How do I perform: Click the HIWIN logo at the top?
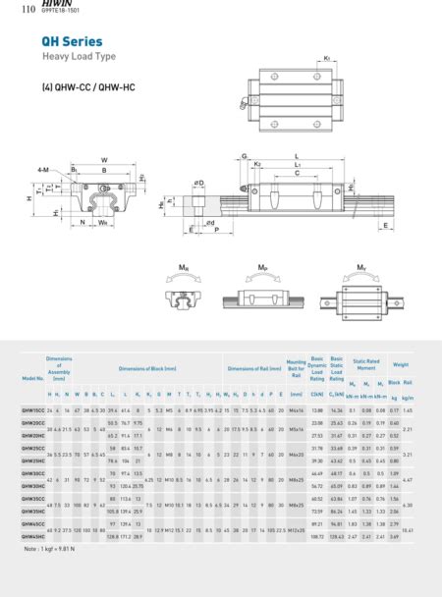[54, 5]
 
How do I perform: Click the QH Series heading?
[71, 42]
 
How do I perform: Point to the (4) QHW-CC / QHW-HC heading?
[88, 88]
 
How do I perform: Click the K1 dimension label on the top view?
[326, 59]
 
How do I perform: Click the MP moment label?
[262, 267]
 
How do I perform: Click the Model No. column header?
[33, 377]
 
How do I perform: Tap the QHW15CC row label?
[33, 407]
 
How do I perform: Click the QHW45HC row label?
[33, 535]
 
